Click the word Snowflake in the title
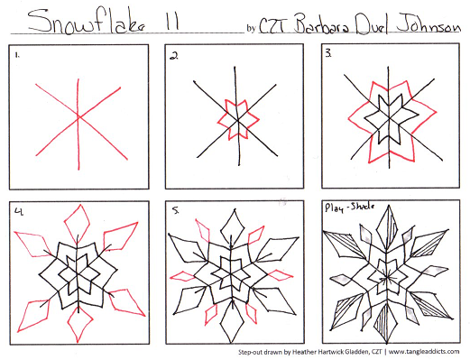coord(87,21)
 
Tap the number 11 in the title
coord(172,22)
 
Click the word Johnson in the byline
coord(428,25)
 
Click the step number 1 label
coord(17,55)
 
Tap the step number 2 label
coord(174,56)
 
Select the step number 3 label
coord(328,53)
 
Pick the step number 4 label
coord(19,211)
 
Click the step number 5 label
coord(175,210)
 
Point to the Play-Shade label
coord(349,208)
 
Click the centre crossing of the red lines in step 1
coord(78,116)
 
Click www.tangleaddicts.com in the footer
coord(424,351)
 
